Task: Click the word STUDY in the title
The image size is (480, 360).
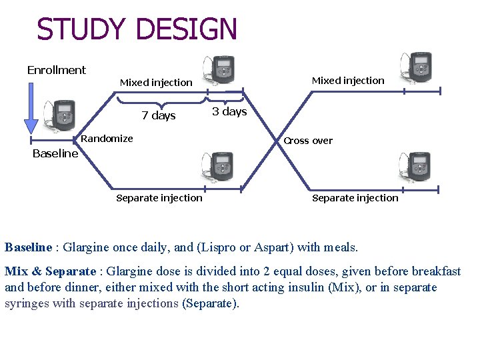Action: click(82, 29)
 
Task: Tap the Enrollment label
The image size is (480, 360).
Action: click(57, 70)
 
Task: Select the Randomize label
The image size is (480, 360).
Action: click(107, 139)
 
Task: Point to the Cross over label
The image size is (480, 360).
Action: click(308, 141)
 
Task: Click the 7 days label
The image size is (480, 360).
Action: click(159, 115)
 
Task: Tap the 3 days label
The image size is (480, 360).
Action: click(229, 111)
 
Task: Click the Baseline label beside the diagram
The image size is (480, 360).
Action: click(55, 153)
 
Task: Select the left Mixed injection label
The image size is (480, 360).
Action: click(156, 83)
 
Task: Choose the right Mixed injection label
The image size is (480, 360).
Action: click(348, 81)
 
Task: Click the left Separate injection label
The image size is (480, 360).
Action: click(159, 198)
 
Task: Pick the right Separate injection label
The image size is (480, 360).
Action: click(355, 198)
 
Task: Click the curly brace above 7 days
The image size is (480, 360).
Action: click(161, 101)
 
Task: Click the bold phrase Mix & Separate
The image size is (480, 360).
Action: click(51, 271)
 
